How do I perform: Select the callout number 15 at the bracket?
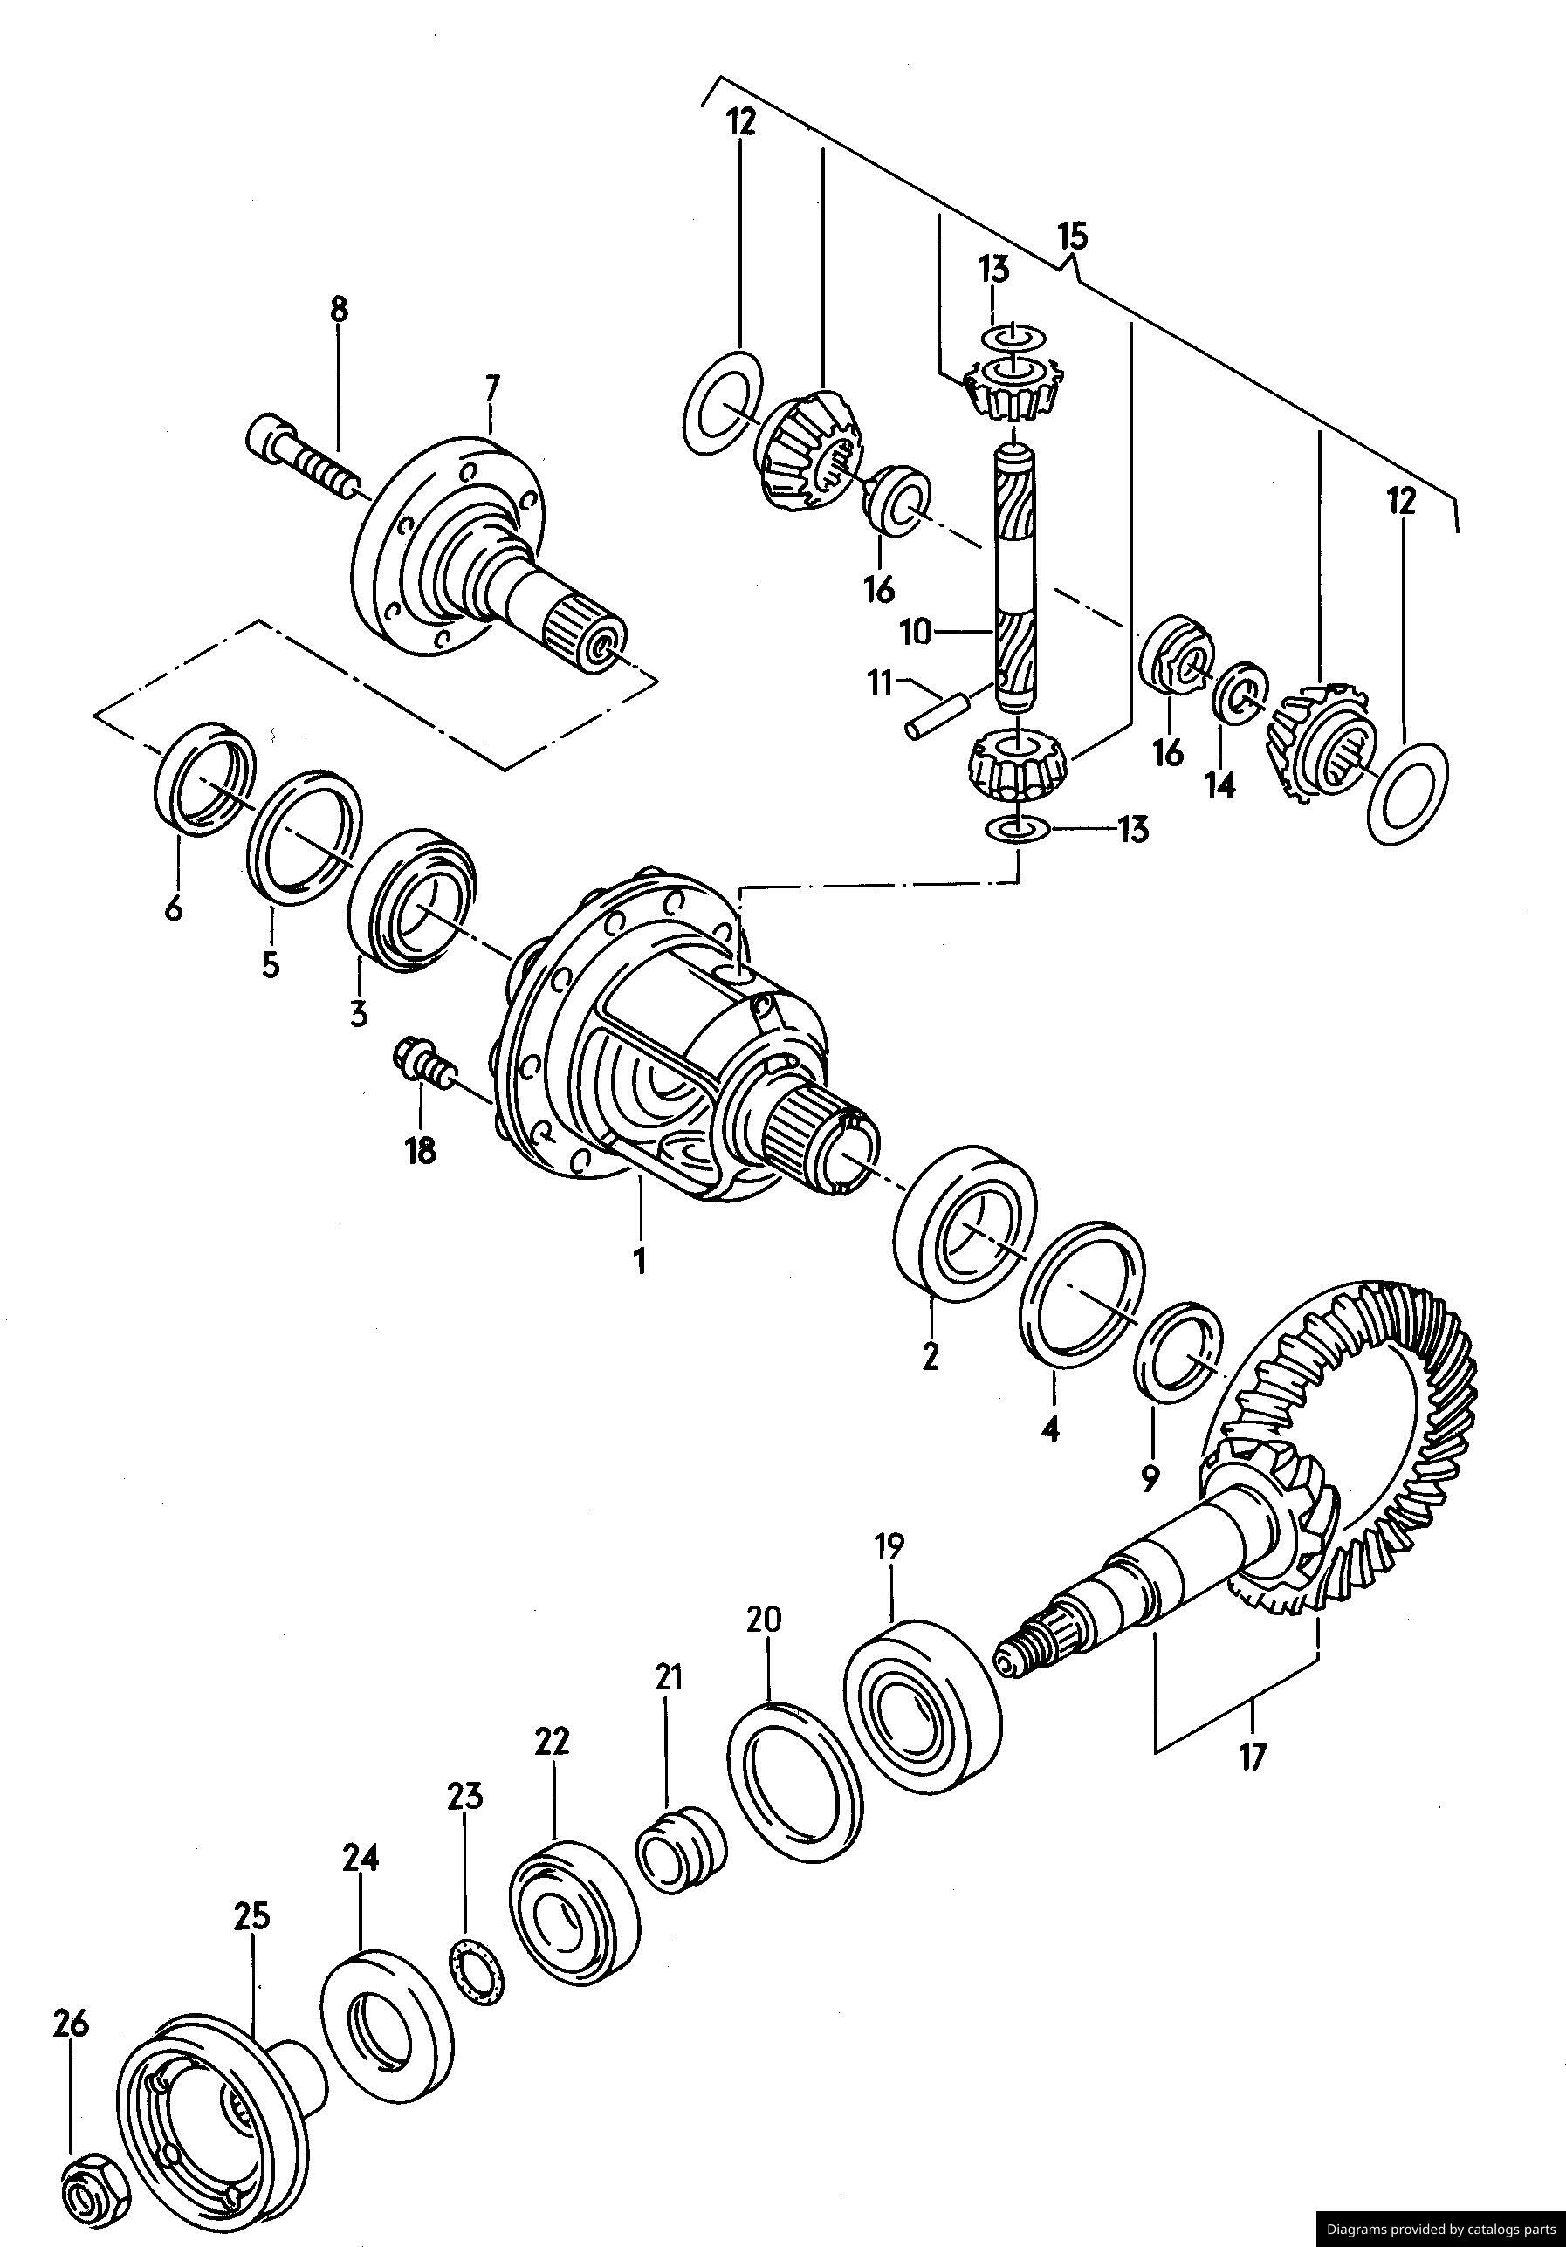pos(1072,236)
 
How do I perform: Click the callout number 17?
pos(1252,1756)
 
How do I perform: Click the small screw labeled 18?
pos(422,1064)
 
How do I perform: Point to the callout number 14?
pos(1219,784)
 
